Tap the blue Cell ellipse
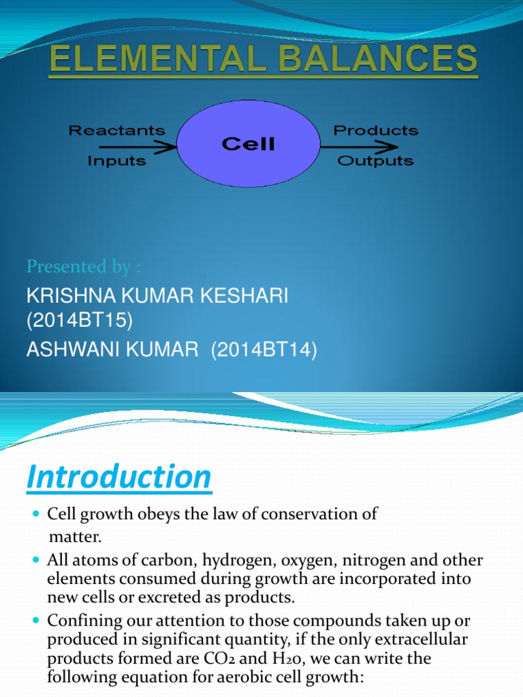pyautogui.click(x=248, y=144)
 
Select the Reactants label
pyautogui.click(x=116, y=130)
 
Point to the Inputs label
pyautogui.click(x=116, y=161)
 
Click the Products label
pyautogui.click(x=375, y=130)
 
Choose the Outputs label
pyautogui.click(x=375, y=161)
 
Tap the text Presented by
pyautogui.click(x=86, y=266)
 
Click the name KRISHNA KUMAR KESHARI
pyautogui.click(x=157, y=296)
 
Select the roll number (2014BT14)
pyautogui.click(x=264, y=350)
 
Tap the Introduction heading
pyautogui.click(x=118, y=477)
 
